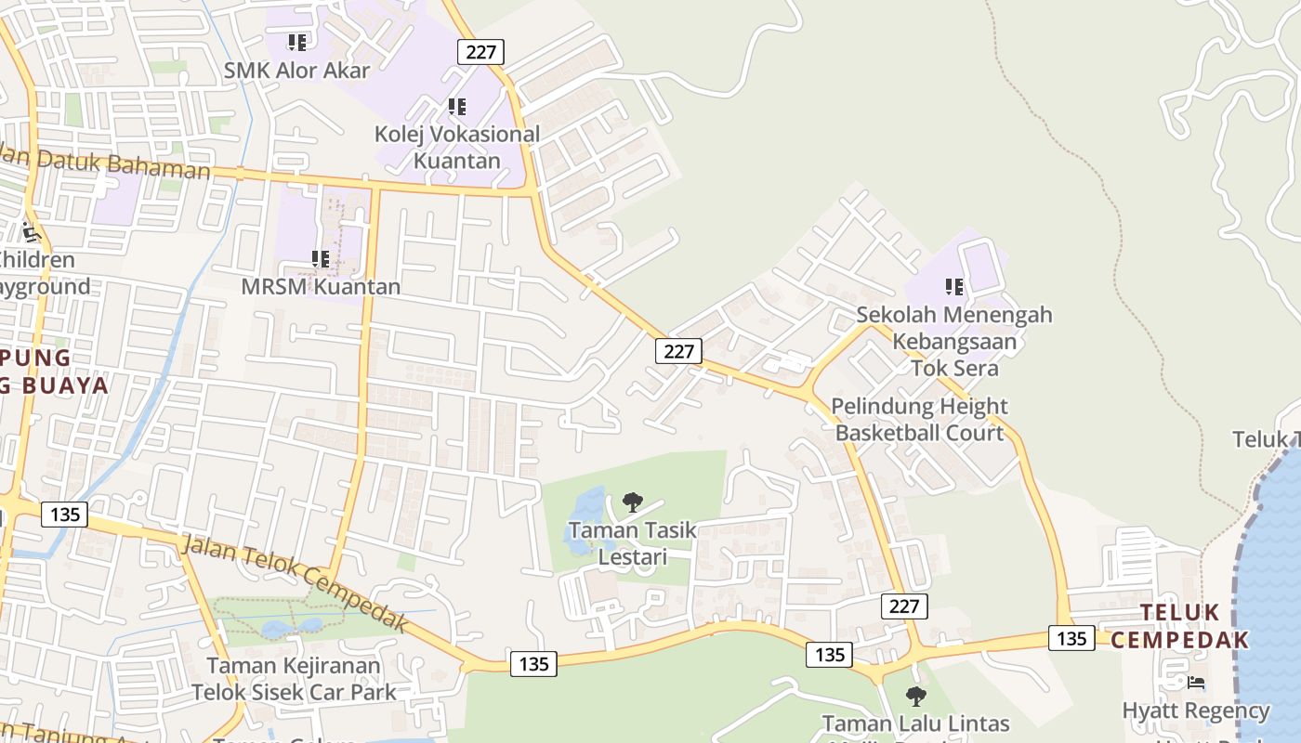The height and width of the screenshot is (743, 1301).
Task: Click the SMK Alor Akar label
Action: [296, 71]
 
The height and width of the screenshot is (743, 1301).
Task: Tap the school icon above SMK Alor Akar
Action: [296, 42]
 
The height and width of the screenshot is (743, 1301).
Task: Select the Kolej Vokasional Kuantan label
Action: [456, 147]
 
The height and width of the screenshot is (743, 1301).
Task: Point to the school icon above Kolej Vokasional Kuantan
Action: [456, 107]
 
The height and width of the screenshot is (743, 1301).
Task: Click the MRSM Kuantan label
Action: [321, 286]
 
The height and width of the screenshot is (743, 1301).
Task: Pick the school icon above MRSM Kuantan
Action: [321, 259]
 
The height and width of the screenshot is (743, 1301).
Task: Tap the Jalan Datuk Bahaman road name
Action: [107, 162]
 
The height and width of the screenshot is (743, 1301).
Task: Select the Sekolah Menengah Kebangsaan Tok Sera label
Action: [954, 341]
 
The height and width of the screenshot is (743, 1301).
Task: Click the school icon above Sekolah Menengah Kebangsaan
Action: [954, 287]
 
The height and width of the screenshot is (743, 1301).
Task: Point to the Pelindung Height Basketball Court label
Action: [919, 419]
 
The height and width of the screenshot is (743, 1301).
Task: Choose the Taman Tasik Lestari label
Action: [632, 543]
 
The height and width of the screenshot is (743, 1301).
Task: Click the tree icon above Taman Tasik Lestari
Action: [633, 502]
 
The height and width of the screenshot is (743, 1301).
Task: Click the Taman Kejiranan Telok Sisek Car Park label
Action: [294, 679]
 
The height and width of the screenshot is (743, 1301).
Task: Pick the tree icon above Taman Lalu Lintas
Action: [916, 696]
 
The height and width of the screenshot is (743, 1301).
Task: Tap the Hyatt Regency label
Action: [1195, 711]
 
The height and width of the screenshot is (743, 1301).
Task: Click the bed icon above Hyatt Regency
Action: [1196, 683]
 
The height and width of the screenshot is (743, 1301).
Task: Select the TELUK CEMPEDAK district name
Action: [1179, 626]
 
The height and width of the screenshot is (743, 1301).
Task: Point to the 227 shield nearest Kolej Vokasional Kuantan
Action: [480, 52]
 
